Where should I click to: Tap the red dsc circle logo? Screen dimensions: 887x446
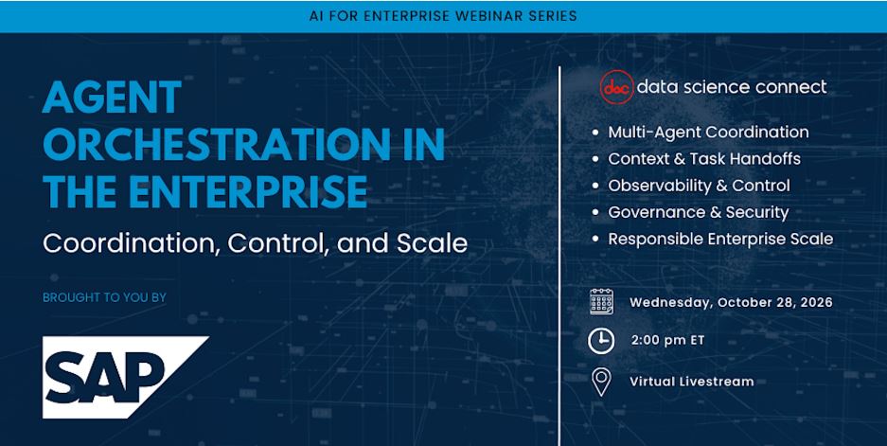[x=616, y=87]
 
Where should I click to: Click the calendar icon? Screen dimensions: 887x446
[x=601, y=302]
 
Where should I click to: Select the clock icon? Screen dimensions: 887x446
[x=601, y=341]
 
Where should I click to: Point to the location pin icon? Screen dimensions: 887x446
[x=601, y=382]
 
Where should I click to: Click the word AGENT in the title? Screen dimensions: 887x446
[x=112, y=97]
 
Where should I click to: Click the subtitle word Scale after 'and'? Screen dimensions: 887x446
[x=433, y=243]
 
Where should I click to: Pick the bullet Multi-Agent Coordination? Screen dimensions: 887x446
[x=708, y=132]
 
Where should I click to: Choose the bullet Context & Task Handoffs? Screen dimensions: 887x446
[x=704, y=159]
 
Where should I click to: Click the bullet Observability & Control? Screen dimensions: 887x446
[x=700, y=186]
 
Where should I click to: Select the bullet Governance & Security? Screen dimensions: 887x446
[x=698, y=212]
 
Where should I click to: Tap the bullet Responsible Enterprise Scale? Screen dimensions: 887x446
[x=720, y=239]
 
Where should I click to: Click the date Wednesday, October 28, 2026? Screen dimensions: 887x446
[x=731, y=302]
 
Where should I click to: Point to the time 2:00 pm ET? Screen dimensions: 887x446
[x=667, y=341]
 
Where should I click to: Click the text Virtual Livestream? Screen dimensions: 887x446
[x=692, y=382]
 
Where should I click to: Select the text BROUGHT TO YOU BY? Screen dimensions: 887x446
[x=105, y=297]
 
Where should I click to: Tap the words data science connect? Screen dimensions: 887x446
[x=732, y=86]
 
